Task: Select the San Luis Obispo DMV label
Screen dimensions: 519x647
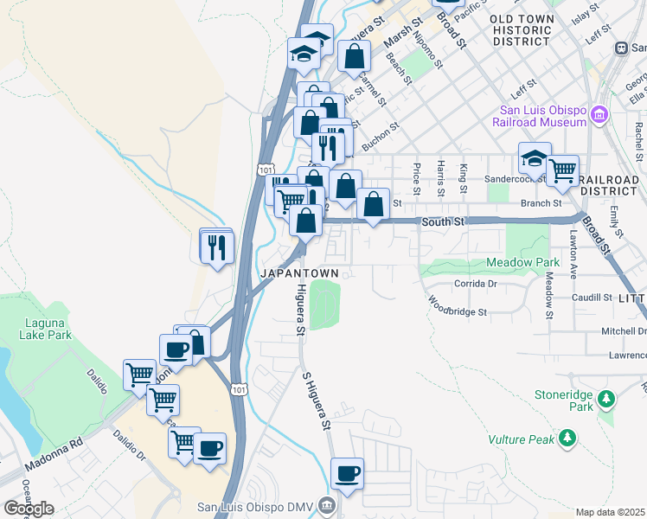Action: point(253,506)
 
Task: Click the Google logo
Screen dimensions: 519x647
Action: point(29,509)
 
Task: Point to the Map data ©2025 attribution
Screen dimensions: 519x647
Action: point(610,512)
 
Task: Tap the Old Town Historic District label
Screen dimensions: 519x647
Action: point(520,30)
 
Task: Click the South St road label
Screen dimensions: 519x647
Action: point(444,222)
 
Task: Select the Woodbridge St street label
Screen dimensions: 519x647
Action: point(458,306)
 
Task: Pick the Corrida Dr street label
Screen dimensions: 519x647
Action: point(476,283)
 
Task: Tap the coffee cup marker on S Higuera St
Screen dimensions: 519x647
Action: point(347,473)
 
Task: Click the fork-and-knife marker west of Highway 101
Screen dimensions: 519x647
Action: point(215,247)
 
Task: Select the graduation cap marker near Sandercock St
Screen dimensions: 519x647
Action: point(535,158)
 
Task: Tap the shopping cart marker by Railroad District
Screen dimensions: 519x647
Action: point(562,170)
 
